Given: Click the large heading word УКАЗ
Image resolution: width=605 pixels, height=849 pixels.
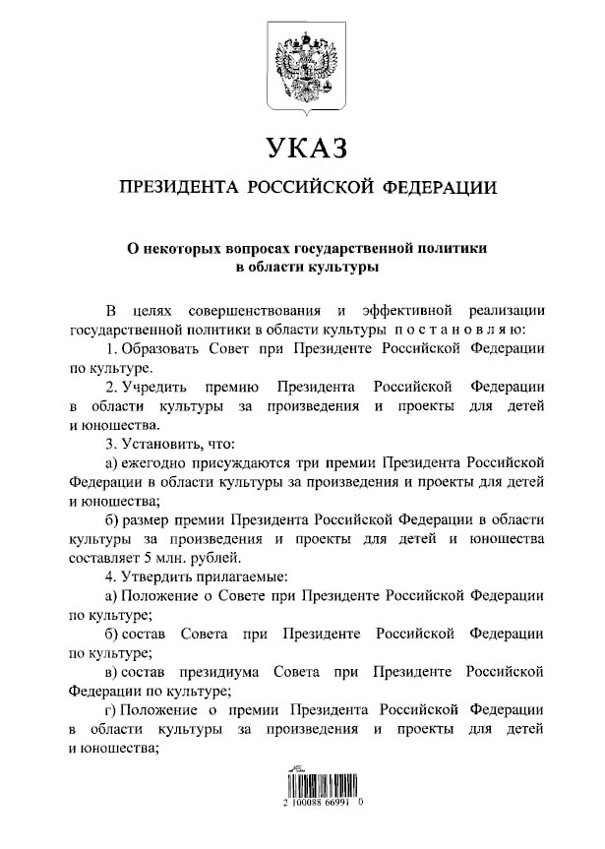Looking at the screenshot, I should [307, 149].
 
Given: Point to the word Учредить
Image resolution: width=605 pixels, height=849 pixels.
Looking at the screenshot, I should [157, 387].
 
